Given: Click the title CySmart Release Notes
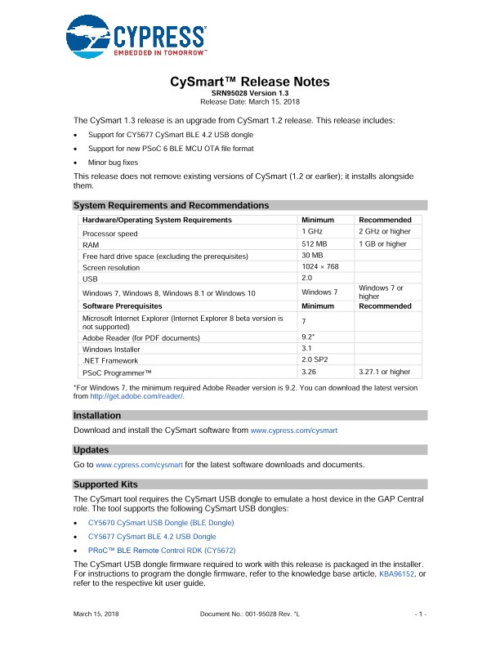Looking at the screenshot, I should pyautogui.click(x=250, y=82).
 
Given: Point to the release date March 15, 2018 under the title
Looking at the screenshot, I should pyautogui.click(x=250, y=100).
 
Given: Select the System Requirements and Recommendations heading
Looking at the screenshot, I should pyautogui.click(x=172, y=205).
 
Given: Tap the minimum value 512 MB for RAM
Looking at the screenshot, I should pyautogui.click(x=315, y=243).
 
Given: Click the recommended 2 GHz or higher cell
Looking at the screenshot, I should pyautogui.click(x=384, y=231).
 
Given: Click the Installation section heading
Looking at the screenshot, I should pyautogui.click(x=97, y=416).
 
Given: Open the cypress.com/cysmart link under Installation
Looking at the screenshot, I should pyautogui.click(x=293, y=430).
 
